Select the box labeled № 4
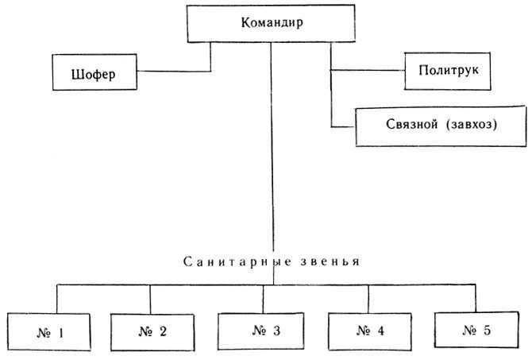pyautogui.click(x=369, y=333)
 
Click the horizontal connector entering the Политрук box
pyautogui.click(x=367, y=72)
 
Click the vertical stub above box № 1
pyautogui.click(x=56, y=299)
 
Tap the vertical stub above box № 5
pyautogui.click(x=477, y=298)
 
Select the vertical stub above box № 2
pyautogui.click(x=151, y=299)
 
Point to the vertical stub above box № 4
pyautogui.click(x=368, y=299)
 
